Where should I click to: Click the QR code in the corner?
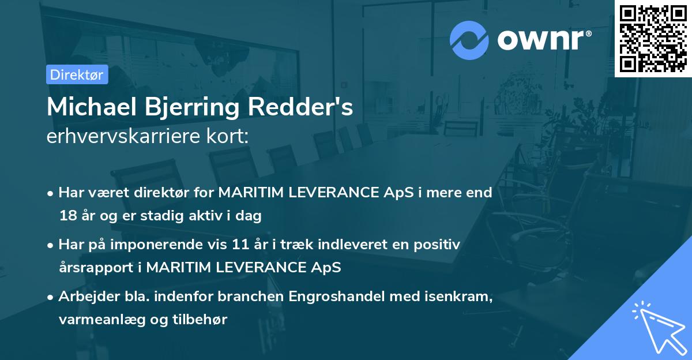653,38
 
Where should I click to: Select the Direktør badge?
77,74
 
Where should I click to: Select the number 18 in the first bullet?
66,216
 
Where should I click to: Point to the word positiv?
438,245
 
